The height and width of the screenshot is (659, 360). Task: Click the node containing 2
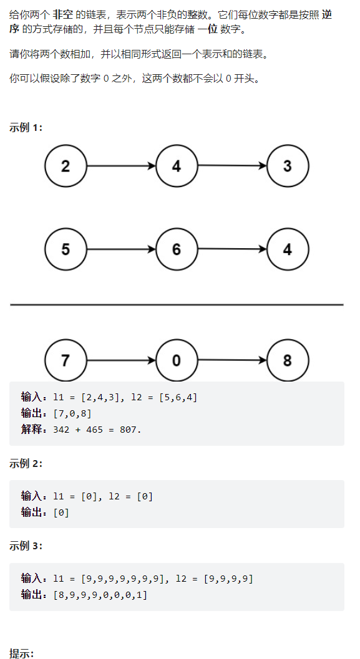66,166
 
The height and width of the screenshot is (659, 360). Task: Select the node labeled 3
288,166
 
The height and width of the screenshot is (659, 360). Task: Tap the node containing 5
66,249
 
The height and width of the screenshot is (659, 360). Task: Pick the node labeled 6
177,249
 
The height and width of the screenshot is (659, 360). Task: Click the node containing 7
66,360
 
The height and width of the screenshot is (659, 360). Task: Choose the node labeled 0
177,360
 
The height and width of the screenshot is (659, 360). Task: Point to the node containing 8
288,360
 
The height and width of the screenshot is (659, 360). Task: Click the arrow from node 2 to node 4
121,166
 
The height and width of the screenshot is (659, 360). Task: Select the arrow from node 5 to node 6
121,249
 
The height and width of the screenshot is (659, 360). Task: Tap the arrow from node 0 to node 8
232,360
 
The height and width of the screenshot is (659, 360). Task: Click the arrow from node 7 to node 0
121,360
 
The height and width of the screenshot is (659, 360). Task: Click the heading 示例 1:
26,128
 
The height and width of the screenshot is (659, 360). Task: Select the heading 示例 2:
26,464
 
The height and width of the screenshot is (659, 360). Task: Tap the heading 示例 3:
26,546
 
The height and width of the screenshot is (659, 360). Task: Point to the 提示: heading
21,654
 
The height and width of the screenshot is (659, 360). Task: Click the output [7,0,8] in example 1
72,413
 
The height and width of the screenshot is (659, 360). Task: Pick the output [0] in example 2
61,512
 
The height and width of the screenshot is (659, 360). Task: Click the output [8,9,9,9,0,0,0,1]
100,595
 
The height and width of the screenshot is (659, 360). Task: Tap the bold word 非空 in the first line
62,15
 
